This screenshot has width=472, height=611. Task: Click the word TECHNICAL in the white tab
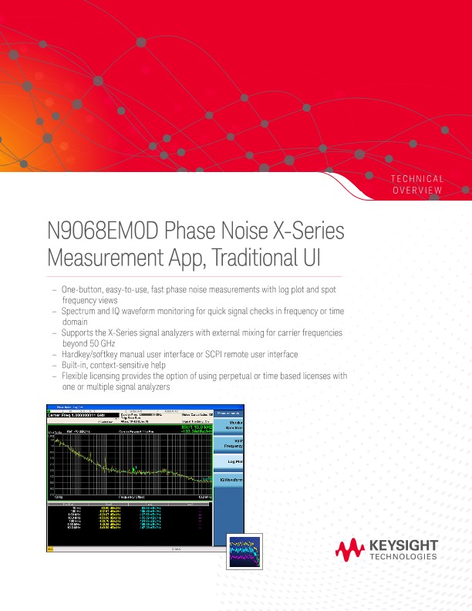point(418,179)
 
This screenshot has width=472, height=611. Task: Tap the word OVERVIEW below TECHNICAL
point(418,190)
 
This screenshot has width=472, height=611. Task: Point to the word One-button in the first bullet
point(80,289)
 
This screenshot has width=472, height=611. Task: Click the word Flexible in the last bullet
point(76,376)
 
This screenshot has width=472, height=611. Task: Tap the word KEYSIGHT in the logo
point(403,546)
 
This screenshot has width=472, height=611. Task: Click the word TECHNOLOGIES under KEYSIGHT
point(403,557)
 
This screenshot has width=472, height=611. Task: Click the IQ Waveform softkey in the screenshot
point(230,480)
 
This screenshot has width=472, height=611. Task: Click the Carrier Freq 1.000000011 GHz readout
point(79,414)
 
